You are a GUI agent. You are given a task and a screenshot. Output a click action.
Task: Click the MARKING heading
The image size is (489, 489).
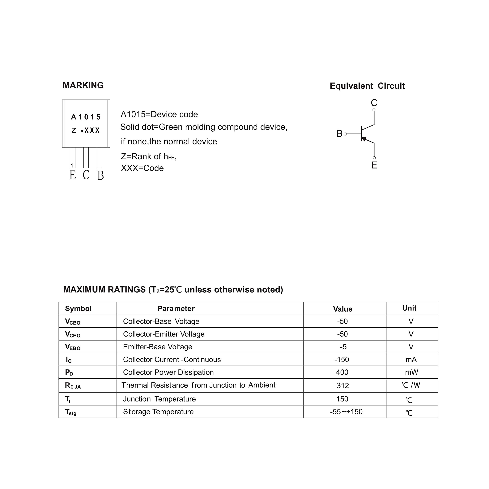coord(83,85)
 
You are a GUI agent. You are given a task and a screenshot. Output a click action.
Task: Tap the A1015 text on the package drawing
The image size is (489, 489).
coord(86,117)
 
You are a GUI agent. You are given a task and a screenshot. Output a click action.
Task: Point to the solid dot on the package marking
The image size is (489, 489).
coord(82,131)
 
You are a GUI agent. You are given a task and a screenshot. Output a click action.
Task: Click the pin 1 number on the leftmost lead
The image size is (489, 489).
coord(72,166)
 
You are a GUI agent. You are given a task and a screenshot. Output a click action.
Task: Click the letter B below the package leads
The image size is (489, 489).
coord(100,175)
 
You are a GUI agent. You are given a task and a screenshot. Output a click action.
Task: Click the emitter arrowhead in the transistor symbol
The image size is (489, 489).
coord(364,139)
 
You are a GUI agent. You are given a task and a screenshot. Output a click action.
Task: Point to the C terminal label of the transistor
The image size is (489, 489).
coord(374,103)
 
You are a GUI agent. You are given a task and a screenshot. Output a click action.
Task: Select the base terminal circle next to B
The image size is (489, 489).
coord(345,134)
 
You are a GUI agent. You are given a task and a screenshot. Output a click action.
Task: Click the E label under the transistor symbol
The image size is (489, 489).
coord(374,165)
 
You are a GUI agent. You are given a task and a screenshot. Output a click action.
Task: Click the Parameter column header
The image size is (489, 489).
coord(176,308)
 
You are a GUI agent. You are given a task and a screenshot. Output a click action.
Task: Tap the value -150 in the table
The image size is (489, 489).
coord(342,359)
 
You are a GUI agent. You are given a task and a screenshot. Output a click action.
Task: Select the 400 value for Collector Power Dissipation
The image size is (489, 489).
coord(342,372)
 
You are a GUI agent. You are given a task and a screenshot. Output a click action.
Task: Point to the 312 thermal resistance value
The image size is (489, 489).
coord(343,385)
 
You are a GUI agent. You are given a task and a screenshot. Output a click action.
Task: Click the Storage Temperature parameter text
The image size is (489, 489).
coord(158,412)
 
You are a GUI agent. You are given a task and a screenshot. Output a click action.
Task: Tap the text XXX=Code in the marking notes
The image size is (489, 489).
coord(142,168)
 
